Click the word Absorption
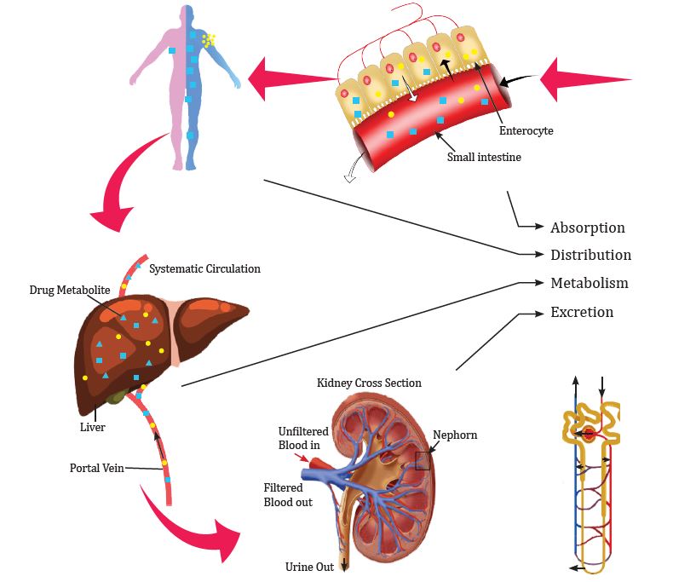pyautogui.click(x=588, y=228)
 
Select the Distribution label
pyautogui.click(x=590, y=255)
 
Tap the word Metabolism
pyautogui.click(x=590, y=283)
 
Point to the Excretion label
pyautogui.click(x=582, y=312)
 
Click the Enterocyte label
pyautogui.click(x=526, y=131)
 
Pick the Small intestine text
pyautogui.click(x=484, y=157)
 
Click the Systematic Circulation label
pyautogui.click(x=204, y=268)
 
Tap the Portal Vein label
pyautogui.click(x=96, y=468)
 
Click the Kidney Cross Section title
pyautogui.click(x=369, y=383)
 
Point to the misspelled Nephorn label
pyautogui.click(x=455, y=435)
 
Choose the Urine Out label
pyautogui.click(x=309, y=567)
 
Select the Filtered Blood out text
pyautogui.click(x=288, y=495)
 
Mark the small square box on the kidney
pyautogui.click(x=423, y=460)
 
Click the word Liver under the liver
pyautogui.click(x=92, y=427)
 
